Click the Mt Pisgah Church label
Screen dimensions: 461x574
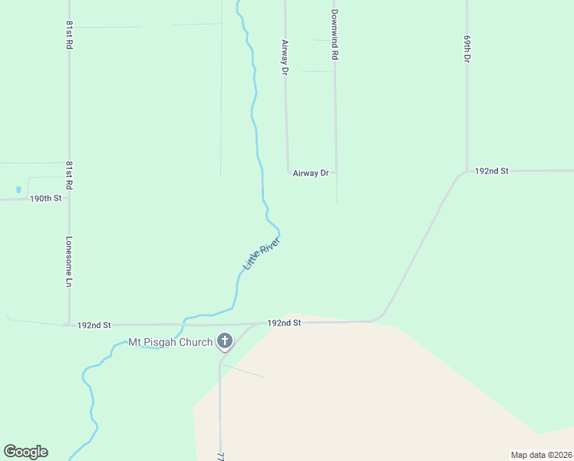pos(170,342)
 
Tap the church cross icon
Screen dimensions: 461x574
pos(225,340)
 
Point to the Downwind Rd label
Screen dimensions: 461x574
pos(335,35)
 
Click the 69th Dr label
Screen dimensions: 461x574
pos(467,48)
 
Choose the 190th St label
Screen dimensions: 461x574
pos(45,198)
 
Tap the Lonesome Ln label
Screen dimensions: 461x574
pos(69,261)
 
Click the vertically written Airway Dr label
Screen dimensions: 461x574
pos(285,57)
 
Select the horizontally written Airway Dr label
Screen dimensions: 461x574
pos(311,174)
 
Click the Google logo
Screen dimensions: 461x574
pos(25,452)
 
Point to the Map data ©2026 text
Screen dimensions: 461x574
pos(540,455)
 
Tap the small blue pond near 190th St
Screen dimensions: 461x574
pos(18,189)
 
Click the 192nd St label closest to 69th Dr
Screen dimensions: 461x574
pos(492,171)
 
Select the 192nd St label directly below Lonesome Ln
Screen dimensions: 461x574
pos(95,325)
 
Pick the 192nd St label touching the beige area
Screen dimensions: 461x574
pos(284,323)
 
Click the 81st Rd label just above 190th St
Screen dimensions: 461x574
pos(69,175)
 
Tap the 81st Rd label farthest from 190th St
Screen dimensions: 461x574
pos(69,36)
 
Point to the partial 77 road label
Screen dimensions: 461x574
pos(220,455)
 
